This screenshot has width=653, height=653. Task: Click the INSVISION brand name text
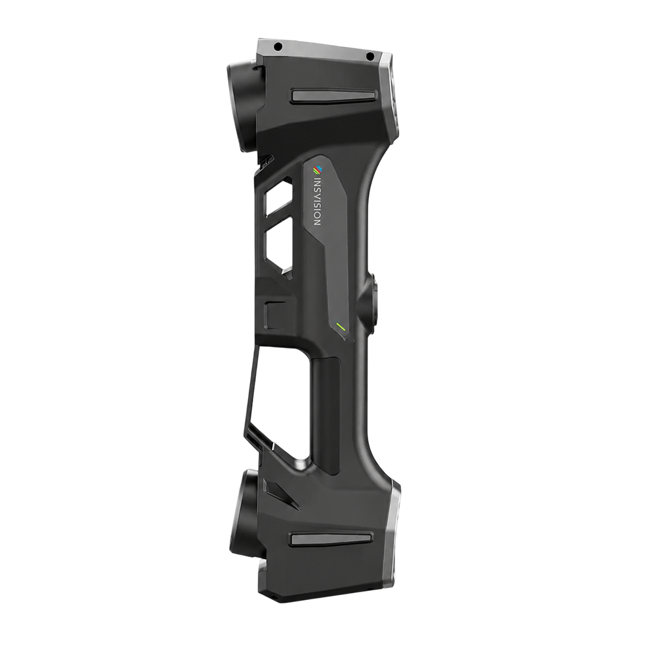coord(318,202)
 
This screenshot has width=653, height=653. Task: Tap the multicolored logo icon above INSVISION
coord(319,169)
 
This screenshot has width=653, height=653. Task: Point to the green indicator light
coord(342,326)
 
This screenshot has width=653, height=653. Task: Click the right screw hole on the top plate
coord(369,55)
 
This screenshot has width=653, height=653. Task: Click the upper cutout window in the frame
coord(278,198)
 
